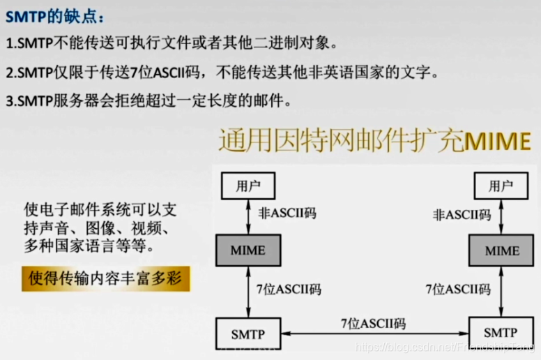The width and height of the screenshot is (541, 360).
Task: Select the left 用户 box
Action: point(247,186)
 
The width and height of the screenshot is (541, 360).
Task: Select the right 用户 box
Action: point(500,186)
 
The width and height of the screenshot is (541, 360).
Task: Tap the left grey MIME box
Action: point(247,250)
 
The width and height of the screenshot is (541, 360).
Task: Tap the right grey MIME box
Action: point(502,250)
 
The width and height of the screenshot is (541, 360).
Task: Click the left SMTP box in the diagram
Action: point(247,333)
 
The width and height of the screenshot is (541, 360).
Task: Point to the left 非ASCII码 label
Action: point(287,213)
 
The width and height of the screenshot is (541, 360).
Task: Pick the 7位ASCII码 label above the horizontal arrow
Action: point(373,322)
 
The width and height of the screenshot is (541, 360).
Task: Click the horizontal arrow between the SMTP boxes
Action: point(373,334)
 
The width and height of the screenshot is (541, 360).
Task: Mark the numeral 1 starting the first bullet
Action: point(9,43)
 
